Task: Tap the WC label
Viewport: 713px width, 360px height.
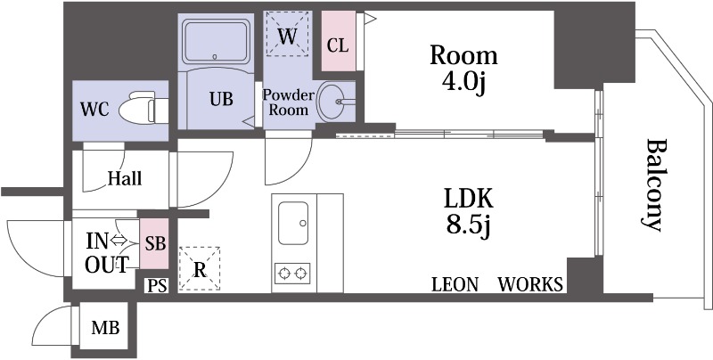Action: click(x=94, y=109)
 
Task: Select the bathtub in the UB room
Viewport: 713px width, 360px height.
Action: click(x=216, y=41)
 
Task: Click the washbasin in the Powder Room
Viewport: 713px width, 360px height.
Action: click(x=334, y=102)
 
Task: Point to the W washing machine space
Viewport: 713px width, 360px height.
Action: click(x=287, y=34)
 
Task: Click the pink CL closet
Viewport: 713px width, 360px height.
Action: click(x=339, y=40)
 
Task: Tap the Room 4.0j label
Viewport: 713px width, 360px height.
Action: click(x=463, y=70)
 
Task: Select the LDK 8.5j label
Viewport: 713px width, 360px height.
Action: click(x=469, y=212)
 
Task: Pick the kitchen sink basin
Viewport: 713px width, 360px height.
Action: click(x=293, y=223)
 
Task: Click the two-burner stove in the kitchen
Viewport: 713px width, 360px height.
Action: click(x=292, y=274)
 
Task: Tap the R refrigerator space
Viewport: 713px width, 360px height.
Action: click(x=200, y=268)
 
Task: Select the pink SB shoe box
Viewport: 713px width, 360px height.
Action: click(x=154, y=243)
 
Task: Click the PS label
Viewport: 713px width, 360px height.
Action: click(x=157, y=286)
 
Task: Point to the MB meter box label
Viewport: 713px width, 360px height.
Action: click(x=105, y=327)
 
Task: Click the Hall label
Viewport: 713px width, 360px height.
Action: click(x=125, y=178)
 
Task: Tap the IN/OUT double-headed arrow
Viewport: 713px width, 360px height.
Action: click(x=119, y=241)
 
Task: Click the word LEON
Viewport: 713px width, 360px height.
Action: click(x=455, y=284)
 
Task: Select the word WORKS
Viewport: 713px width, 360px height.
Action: click(x=530, y=284)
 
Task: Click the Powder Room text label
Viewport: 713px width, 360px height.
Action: click(x=289, y=102)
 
